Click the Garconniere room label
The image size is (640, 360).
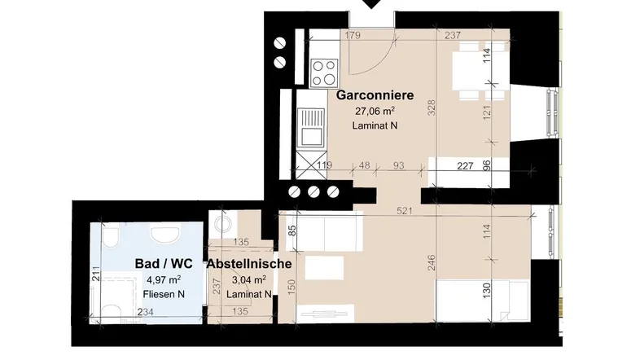[375, 95]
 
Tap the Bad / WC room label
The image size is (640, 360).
[164, 264]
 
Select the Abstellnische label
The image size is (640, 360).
[249, 264]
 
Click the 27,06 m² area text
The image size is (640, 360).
[375, 111]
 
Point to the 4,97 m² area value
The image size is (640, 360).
[164, 279]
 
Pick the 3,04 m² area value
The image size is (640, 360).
[249, 279]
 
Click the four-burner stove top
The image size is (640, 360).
[325, 72]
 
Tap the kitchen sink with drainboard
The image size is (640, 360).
[310, 127]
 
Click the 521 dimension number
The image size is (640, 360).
[404, 211]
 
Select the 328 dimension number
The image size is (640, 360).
[432, 108]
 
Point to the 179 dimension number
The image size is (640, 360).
[353, 36]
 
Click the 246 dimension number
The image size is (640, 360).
[432, 262]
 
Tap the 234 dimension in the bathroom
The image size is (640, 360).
[145, 312]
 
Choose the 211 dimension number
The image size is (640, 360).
[95, 274]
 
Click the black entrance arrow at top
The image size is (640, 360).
[371, 3]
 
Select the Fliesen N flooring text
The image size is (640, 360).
[164, 294]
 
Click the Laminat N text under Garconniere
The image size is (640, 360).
[375, 125]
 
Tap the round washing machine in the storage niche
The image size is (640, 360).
[222, 224]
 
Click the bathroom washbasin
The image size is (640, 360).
[165, 235]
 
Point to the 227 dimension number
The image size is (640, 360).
[465, 165]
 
